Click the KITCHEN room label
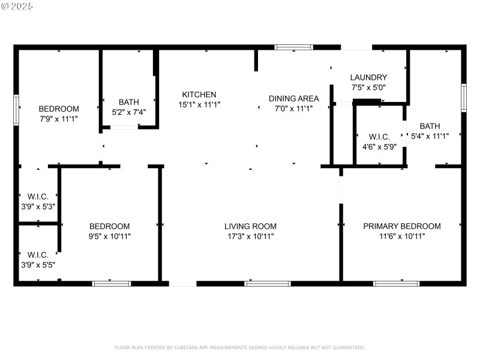(199, 95)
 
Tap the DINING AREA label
(293, 98)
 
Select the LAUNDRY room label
(368, 77)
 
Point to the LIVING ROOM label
(250, 226)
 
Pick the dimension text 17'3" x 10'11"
(250, 236)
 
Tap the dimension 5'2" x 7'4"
(128, 112)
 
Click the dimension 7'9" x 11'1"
(58, 119)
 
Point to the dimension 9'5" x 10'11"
(109, 236)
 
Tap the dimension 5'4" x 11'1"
(429, 136)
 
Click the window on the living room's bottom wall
(260, 283)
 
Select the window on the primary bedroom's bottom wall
(397, 283)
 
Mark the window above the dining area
(294, 47)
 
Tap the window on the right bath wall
(464, 98)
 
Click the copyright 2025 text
(17, 6)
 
